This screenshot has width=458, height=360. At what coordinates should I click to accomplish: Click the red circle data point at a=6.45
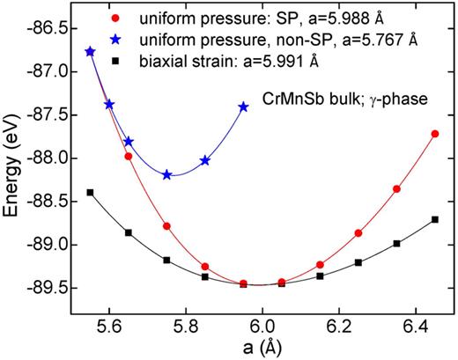click(435, 134)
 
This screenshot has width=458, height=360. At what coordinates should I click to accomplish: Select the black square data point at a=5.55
click(90, 192)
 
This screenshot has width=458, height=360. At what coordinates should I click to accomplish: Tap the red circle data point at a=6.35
click(396, 189)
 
